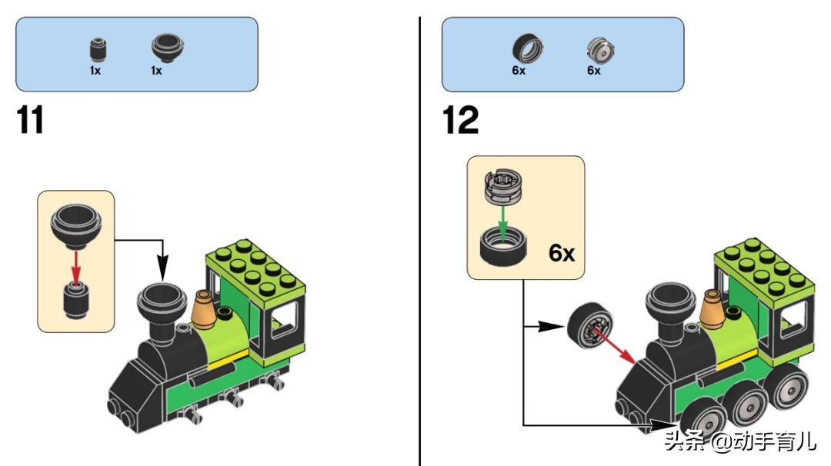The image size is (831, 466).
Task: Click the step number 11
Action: point(31,121)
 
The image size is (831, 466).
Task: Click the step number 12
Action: point(461,121)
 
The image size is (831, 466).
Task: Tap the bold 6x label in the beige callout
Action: point(562,253)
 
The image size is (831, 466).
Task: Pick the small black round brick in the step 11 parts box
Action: point(95,51)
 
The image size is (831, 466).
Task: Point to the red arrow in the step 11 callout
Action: point(75,265)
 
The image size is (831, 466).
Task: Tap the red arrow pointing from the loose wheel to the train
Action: point(615,345)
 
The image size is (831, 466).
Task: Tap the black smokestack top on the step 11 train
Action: point(162,300)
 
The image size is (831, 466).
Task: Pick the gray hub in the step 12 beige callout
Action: point(502,187)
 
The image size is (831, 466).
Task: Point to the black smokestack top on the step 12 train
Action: point(669,298)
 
